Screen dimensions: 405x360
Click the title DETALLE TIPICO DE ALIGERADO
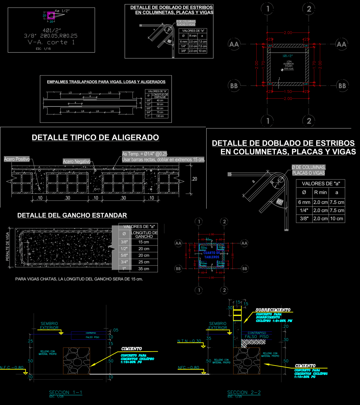95,137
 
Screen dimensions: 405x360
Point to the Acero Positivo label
17,159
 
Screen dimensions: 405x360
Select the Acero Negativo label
77,161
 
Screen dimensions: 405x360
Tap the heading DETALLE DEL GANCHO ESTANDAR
72,215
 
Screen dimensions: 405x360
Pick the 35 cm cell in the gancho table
144,269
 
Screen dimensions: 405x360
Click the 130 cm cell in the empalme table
160,116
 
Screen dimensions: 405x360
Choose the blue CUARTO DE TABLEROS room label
212,255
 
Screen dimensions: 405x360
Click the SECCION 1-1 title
65,392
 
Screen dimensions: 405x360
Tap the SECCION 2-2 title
244,392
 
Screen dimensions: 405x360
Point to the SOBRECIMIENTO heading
273,310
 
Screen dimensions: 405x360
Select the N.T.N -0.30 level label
189,341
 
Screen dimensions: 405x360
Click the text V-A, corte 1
51,42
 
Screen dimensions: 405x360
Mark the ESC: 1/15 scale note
43,49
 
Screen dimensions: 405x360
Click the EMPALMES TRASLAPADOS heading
106,82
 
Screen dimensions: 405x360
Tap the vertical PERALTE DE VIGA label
7,247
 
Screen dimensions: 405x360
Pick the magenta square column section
51,16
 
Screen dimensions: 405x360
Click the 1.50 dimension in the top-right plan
288,91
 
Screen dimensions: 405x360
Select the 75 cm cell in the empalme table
160,112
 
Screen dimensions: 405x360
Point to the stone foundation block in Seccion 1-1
76,361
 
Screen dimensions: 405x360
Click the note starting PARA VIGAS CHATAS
79,279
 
